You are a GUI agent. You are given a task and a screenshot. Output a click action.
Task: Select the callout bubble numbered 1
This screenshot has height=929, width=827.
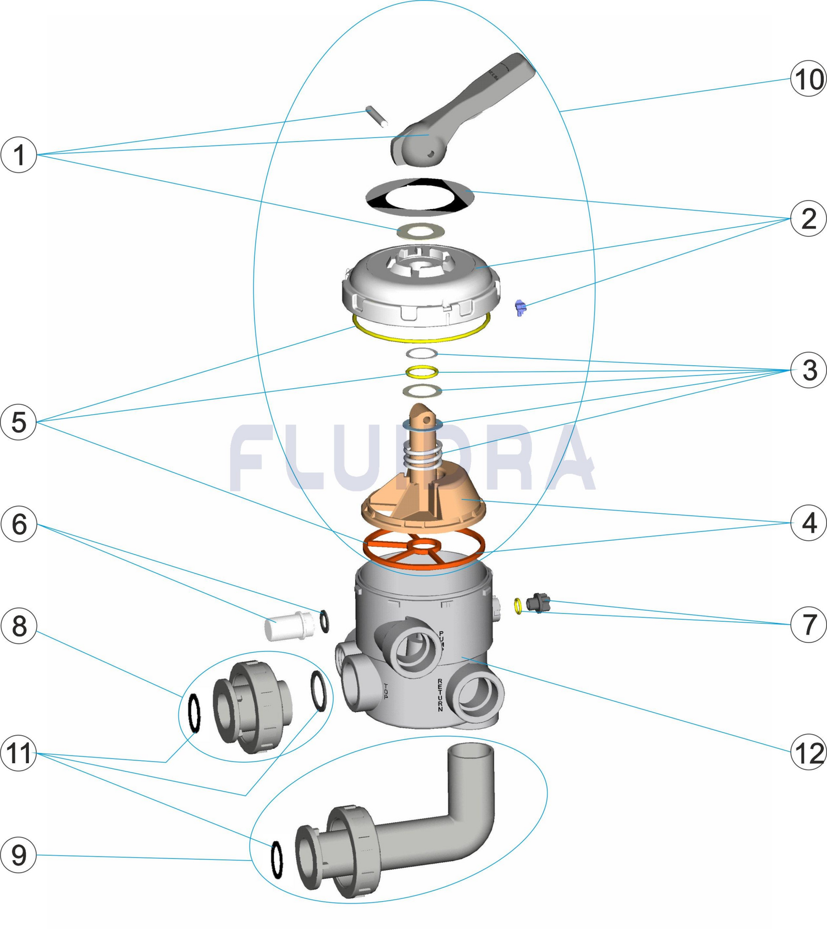tap(19, 154)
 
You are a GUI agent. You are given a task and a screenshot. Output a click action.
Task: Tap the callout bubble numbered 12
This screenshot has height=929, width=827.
tap(808, 752)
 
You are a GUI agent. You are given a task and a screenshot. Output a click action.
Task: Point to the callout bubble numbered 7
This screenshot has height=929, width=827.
tap(808, 624)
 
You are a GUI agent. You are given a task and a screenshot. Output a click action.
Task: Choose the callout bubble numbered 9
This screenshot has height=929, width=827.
tap(19, 855)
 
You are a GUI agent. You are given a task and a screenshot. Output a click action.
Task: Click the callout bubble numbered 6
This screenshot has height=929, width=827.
tap(19, 524)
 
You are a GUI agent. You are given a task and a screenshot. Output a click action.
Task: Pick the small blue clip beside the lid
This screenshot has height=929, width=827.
tap(521, 308)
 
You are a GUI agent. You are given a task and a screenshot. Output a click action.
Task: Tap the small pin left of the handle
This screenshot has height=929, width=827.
tap(376, 116)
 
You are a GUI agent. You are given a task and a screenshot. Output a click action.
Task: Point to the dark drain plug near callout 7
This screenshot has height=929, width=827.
tap(538, 603)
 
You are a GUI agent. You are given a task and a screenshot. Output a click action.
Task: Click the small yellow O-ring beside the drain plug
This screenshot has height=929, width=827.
tap(518, 606)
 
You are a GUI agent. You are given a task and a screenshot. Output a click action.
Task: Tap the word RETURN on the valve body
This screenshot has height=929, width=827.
tap(440, 695)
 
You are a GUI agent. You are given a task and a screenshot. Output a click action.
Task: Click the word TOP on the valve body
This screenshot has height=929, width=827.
tap(386, 691)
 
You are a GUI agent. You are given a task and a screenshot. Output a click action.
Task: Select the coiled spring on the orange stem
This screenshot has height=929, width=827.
tap(423, 454)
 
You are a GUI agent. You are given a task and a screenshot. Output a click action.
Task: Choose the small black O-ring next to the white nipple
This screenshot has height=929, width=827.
tap(324, 621)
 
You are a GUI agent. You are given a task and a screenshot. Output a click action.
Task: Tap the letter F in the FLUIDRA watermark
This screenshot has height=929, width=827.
tap(256, 457)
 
